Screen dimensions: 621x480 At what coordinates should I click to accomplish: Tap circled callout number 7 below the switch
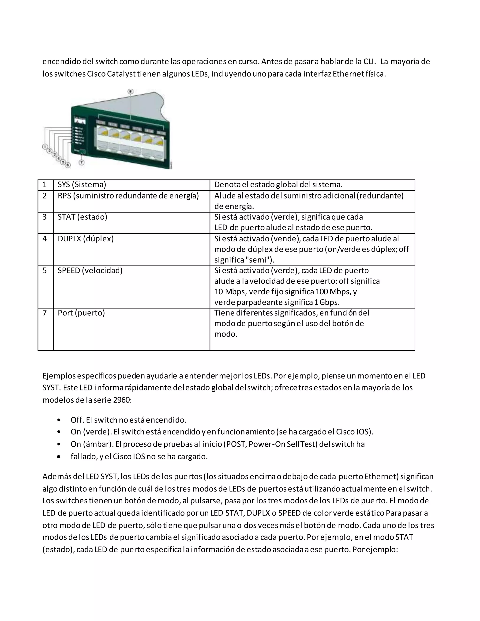pos(82,162)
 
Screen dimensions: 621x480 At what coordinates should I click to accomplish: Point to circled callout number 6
pos(67,165)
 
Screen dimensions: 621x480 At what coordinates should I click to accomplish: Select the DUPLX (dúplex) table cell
pos(86,239)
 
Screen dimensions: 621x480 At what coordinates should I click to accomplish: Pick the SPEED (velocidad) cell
pos(90,270)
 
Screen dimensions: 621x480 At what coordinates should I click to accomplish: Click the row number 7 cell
pos(45,313)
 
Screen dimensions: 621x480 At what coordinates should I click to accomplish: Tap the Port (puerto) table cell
pos(81,313)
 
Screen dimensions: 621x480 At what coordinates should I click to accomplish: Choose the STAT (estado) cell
pos(82,217)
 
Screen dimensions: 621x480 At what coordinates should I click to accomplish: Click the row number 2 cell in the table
pos(45,196)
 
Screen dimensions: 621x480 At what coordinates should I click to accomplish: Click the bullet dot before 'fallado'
pos(59,457)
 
